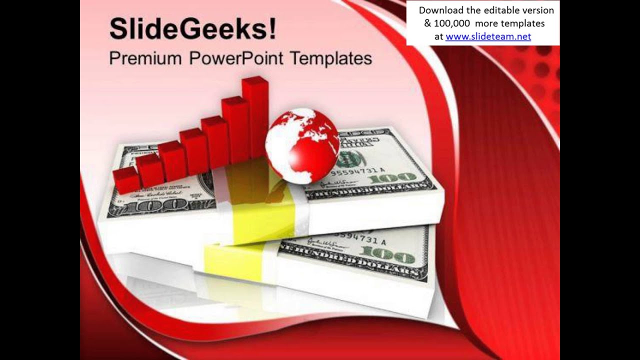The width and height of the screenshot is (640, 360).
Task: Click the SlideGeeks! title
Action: coord(192,29)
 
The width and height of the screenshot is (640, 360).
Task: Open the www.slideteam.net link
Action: coord(488,36)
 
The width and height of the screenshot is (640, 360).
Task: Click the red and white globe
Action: coord(302,145)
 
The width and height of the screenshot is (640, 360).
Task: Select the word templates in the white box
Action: coord(525,23)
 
